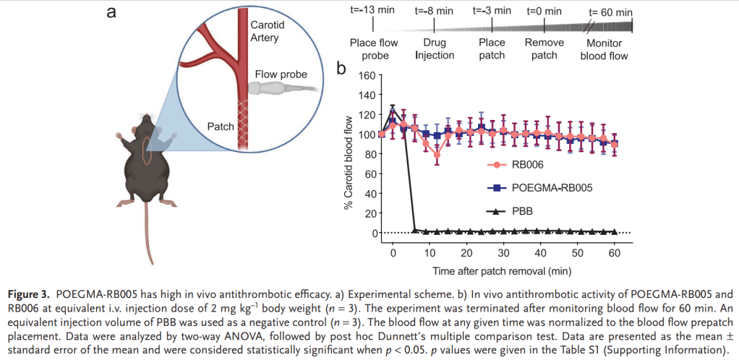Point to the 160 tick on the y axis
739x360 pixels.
click(x=365, y=75)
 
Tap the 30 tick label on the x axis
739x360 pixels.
click(x=503, y=254)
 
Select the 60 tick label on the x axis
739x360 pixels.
click(x=615, y=254)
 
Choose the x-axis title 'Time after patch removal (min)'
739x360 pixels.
click(x=503, y=271)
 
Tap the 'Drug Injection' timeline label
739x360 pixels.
click(x=434, y=49)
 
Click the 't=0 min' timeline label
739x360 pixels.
click(x=544, y=11)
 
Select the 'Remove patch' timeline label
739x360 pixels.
click(x=544, y=49)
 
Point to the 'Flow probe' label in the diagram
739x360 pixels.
click(x=280, y=74)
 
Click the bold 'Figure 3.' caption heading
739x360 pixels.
click(x=30, y=295)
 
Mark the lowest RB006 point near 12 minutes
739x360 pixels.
click(x=437, y=154)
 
